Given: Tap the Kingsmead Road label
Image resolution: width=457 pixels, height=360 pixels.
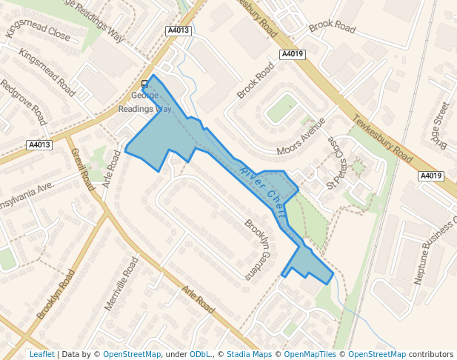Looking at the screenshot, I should tap(46, 73).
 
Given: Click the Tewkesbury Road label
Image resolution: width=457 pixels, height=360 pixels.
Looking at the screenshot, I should tap(383, 139).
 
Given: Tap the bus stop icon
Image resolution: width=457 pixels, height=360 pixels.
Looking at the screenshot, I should tap(144, 84).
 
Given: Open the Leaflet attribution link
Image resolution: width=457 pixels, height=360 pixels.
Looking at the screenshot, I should tap(41, 354).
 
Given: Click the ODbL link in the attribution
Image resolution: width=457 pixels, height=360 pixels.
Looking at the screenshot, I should tap(200, 354).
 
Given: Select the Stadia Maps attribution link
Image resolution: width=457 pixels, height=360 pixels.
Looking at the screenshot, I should tap(249, 354).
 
